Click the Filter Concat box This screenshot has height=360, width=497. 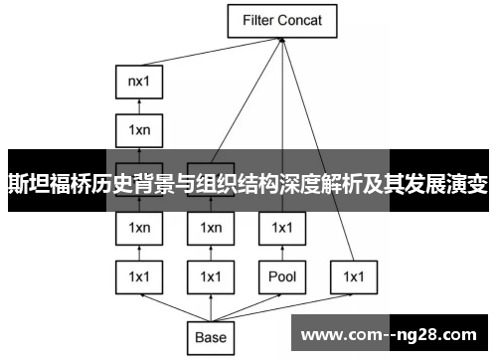click(282, 20)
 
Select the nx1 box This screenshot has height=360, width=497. click(139, 80)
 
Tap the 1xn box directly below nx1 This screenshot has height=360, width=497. click(139, 128)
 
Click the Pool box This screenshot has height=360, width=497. click(281, 274)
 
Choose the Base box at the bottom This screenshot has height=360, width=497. click(210, 337)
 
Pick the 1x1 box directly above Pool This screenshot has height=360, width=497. click(281, 228)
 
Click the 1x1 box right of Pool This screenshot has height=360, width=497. click(353, 274)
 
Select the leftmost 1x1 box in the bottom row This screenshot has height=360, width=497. click(139, 274)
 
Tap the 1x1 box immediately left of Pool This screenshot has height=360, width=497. click(210, 274)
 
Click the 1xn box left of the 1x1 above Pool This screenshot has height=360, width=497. click(210, 228)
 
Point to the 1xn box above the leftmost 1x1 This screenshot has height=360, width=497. click(139, 228)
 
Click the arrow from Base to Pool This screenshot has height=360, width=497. click(248, 306)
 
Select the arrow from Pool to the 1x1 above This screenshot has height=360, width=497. click(281, 252)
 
